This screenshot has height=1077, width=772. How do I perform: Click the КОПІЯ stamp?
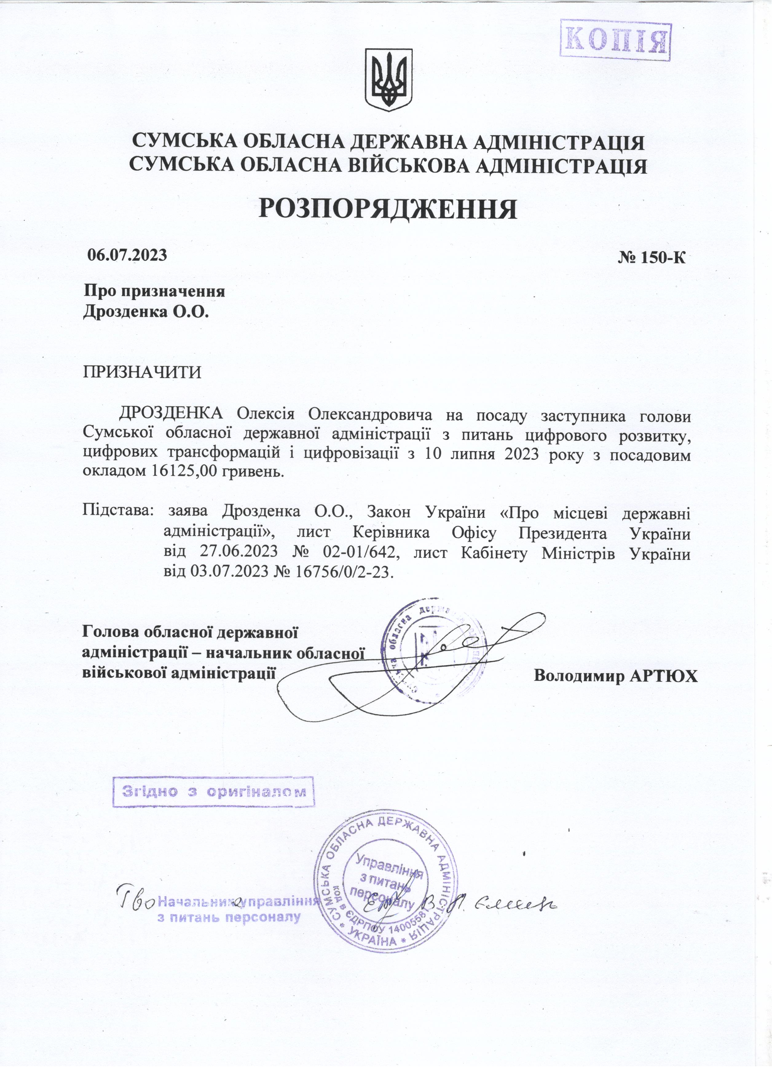(615, 40)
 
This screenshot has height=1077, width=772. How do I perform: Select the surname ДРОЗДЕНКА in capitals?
(171, 414)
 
